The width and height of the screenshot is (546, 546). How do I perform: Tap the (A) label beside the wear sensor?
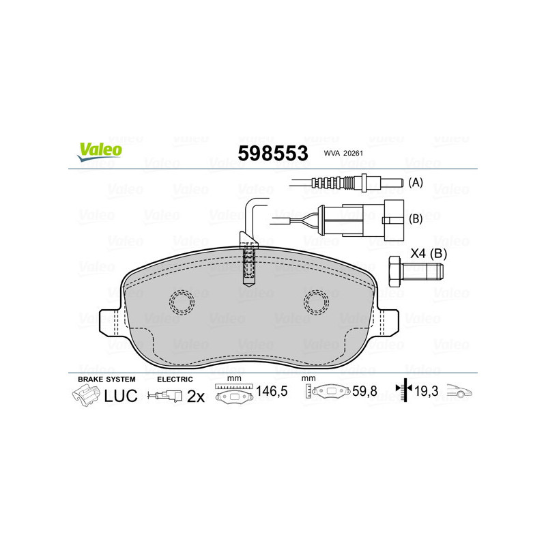[x=416, y=183]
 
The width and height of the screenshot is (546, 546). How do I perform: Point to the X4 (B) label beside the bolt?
[x=429, y=254]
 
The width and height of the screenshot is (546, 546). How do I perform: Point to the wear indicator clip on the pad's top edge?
[x=249, y=263]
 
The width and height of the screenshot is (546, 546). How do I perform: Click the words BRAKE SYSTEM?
[x=106, y=379]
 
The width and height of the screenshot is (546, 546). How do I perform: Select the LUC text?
[x=121, y=395]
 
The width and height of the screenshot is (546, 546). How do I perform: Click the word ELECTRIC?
[x=175, y=379]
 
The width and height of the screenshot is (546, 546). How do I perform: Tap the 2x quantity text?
[x=196, y=396]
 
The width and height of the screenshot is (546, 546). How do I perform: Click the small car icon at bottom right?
[x=459, y=392]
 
